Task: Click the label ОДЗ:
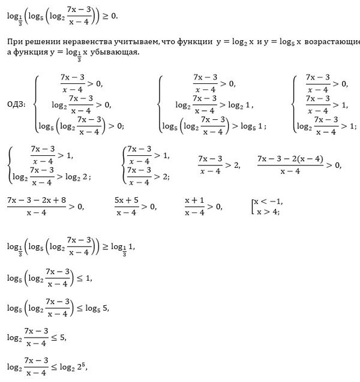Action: (16, 104)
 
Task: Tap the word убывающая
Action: (117, 52)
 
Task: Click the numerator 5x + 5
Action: (127, 200)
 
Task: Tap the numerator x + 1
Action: (196, 200)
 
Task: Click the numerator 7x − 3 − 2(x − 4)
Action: (290, 158)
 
